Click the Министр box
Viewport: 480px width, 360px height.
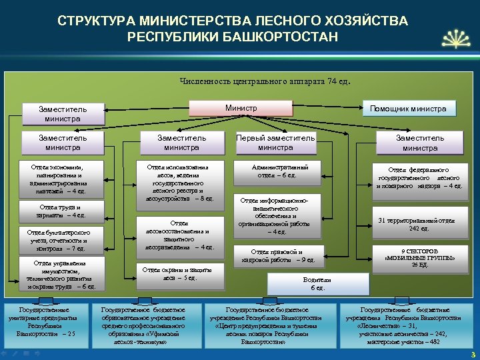(x=241, y=108)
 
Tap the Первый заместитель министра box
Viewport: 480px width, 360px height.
(x=275, y=143)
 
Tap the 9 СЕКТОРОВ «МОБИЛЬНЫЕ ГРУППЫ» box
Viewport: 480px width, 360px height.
(x=420, y=256)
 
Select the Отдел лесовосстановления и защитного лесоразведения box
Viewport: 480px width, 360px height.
(x=180, y=235)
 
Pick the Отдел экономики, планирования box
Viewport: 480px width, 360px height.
(x=57, y=178)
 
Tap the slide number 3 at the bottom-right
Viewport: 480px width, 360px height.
(x=472, y=354)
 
